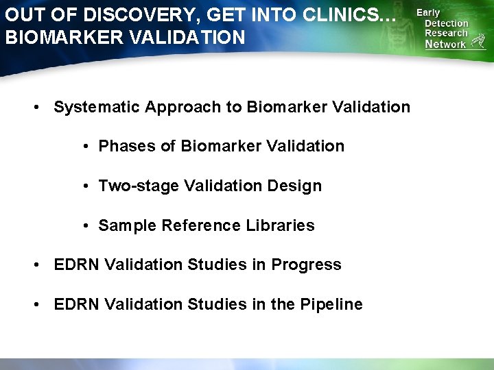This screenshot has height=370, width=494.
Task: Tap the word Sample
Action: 128,226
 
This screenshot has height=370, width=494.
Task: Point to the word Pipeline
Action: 331,305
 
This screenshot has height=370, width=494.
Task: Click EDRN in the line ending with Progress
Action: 76,265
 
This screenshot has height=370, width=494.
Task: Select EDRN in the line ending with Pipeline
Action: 76,305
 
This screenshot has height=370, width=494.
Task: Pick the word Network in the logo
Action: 445,45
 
